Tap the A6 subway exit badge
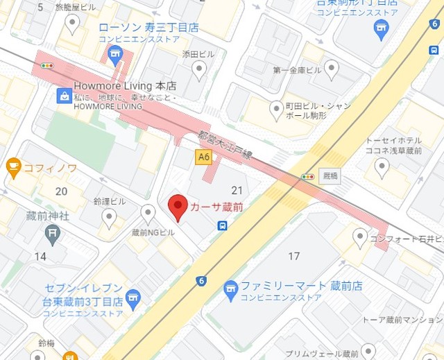pos(203,157)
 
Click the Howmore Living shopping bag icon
pos(65,96)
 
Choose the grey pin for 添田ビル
pos(200,69)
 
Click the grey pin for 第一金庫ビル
pos(332,67)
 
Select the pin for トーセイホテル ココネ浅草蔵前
pos(382,166)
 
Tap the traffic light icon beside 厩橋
pos(307,177)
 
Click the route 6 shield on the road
pos(201,281)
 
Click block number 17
pos(294,257)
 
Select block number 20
pos(62,191)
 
